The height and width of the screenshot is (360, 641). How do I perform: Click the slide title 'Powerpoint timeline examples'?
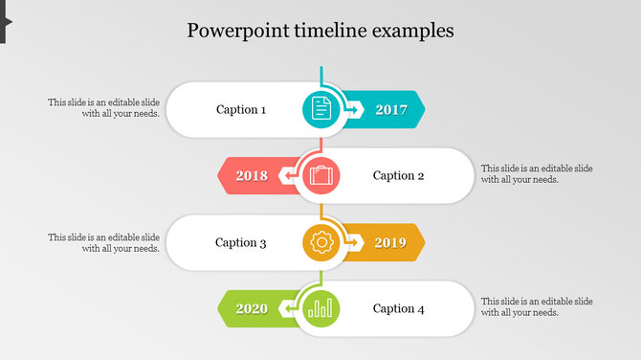tap(320, 30)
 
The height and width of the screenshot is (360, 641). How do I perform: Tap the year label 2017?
tap(391, 109)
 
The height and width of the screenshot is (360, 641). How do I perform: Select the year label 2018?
tap(252, 175)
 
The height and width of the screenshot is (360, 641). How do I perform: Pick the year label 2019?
tap(390, 242)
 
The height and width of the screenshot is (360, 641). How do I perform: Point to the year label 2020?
tap(252, 308)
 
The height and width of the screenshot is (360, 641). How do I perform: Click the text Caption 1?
tap(241, 109)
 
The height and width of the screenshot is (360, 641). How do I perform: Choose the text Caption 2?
tap(398, 175)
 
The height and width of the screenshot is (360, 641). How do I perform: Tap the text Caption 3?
tap(241, 242)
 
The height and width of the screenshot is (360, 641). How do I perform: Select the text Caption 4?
tap(398, 308)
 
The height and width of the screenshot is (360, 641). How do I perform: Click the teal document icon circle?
tap(321, 109)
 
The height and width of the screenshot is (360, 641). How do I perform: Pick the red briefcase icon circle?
tap(321, 175)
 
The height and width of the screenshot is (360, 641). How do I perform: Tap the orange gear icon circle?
tap(321, 242)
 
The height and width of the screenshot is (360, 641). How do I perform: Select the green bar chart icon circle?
tap(321, 308)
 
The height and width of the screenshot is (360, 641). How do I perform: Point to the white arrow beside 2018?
tap(287, 176)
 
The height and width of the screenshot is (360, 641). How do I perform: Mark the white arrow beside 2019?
tap(354, 243)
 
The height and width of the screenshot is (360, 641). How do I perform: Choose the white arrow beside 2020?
tap(287, 309)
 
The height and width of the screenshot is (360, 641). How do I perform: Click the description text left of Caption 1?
tap(104, 107)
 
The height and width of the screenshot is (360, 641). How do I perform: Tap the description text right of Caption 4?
tap(537, 306)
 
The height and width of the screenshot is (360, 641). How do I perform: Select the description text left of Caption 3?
tap(104, 242)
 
